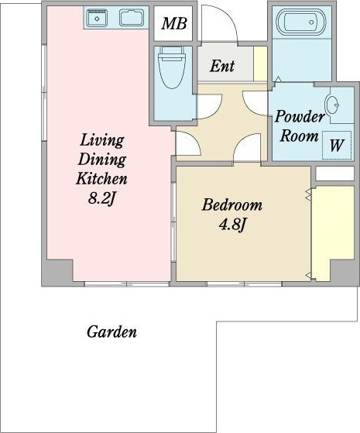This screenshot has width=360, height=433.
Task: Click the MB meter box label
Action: (x=174, y=23)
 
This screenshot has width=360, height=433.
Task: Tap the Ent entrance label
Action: (x=222, y=66)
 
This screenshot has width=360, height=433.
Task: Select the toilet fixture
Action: (x=171, y=67)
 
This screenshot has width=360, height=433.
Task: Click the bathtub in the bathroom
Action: (x=301, y=22)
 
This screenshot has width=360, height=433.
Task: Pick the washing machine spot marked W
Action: (x=337, y=145)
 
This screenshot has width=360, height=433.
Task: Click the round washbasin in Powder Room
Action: (x=332, y=105)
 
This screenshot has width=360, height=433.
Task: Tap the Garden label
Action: (x=111, y=332)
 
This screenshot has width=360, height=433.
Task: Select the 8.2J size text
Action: (x=101, y=198)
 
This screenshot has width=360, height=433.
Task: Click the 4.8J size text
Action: (x=232, y=225)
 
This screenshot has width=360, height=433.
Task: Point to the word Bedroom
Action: (x=232, y=205)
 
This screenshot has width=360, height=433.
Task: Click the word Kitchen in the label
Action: (x=101, y=178)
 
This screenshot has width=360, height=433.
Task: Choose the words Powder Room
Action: (x=300, y=126)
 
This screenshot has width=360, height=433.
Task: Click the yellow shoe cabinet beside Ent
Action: (x=260, y=64)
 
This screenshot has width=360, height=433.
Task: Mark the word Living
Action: (x=102, y=140)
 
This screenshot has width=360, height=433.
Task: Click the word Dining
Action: (x=102, y=160)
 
